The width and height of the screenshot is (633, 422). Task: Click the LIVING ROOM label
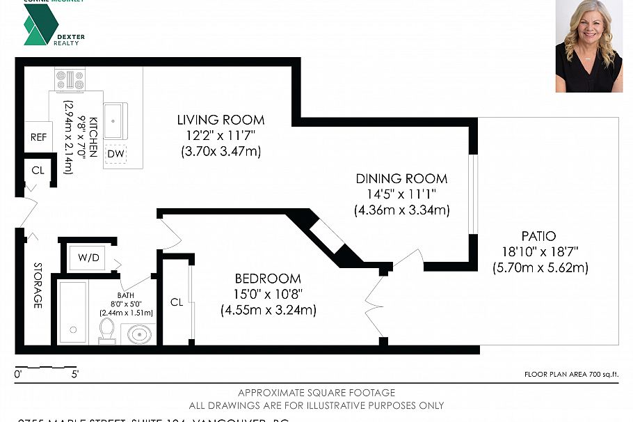pyautogui.click(x=221, y=120)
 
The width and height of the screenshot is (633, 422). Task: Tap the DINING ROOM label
pyautogui.click(x=401, y=179)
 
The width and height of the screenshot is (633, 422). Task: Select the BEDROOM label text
pyautogui.click(x=268, y=279)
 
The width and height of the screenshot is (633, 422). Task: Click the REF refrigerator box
pyautogui.click(x=38, y=138)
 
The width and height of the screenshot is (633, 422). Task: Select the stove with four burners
pyautogui.click(x=70, y=79)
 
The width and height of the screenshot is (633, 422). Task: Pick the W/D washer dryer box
pyautogui.click(x=88, y=258)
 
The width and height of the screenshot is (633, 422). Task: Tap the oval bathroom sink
pyautogui.click(x=139, y=335)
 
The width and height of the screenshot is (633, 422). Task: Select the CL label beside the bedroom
pyautogui.click(x=177, y=302)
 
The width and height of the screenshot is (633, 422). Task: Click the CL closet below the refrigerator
pyautogui.click(x=38, y=170)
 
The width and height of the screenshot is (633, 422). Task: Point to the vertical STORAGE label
pyautogui.click(x=37, y=286)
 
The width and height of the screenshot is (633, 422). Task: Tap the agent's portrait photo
pyautogui.click(x=588, y=46)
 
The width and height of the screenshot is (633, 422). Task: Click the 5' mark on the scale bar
pyautogui.click(x=74, y=374)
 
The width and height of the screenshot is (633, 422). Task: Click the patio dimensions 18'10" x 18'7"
pyautogui.click(x=540, y=251)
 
